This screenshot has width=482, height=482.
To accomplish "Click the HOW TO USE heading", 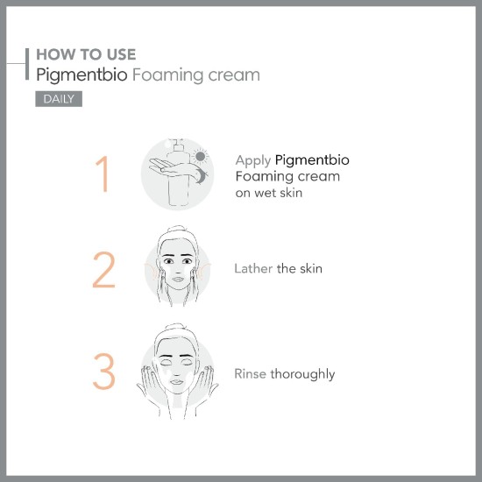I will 86,55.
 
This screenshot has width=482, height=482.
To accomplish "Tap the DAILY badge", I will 59,98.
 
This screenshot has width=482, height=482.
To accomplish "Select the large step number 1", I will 103,174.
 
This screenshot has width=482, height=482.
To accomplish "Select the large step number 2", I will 103,271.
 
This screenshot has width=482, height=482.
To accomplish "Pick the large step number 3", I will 103,372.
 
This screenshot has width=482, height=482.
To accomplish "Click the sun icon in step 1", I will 202,158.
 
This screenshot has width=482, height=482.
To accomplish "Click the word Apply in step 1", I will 252,161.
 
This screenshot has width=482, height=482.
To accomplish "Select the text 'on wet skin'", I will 268,193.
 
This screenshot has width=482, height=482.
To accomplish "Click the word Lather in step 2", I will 253,269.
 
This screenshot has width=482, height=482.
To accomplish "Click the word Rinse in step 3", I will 250,374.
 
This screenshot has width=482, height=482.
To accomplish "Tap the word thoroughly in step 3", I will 302,374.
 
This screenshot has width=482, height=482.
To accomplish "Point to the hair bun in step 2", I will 178,230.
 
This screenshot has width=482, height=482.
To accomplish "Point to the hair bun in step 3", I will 178,330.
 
